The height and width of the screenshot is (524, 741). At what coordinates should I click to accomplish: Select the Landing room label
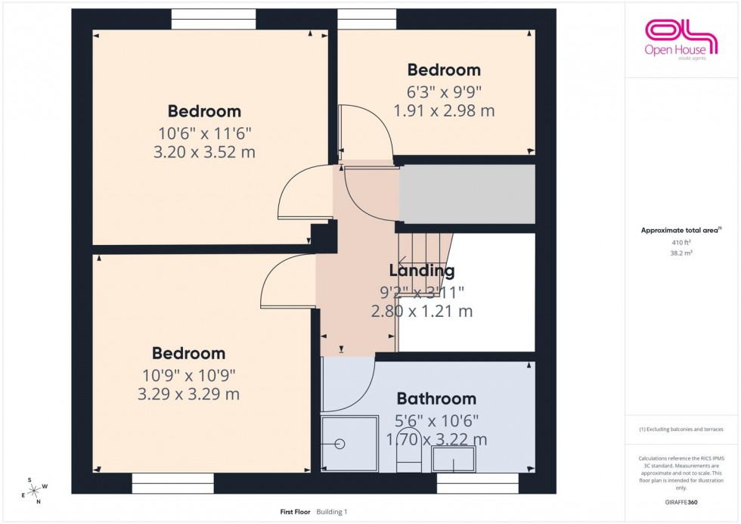(x=421, y=271)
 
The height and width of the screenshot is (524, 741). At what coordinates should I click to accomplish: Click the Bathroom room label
(x=436, y=398)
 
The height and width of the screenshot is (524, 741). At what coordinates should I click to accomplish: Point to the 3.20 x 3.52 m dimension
(x=204, y=152)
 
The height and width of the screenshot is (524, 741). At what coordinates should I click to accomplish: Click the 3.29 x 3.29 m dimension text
(x=188, y=394)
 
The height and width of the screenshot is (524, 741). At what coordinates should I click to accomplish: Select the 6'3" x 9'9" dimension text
(x=444, y=91)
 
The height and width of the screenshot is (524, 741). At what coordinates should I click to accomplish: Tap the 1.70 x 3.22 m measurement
(x=436, y=439)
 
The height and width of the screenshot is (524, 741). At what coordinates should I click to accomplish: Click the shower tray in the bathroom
(x=349, y=444)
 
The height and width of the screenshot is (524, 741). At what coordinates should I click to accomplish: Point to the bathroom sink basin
(x=454, y=458)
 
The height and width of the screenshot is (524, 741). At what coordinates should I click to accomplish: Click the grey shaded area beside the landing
(x=467, y=194)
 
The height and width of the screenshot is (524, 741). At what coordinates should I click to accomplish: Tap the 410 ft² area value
(x=681, y=242)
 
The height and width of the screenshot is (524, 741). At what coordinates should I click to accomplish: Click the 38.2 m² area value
(x=681, y=253)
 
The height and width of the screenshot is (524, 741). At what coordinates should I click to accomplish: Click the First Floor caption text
(x=295, y=512)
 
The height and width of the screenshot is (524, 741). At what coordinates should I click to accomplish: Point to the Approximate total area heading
(x=680, y=230)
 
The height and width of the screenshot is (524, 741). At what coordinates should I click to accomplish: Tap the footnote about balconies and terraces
(x=681, y=429)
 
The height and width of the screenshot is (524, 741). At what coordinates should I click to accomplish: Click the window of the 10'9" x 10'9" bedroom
(x=172, y=479)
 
